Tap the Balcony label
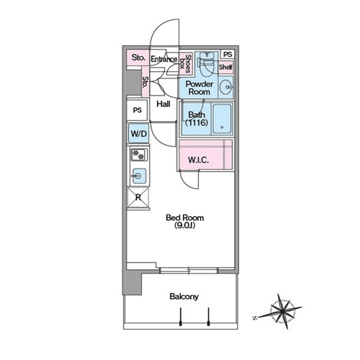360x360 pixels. [x=184, y=297]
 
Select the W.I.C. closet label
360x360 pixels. [x=198, y=160]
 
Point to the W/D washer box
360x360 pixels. [x=139, y=133]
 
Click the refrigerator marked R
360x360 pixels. [x=138, y=197]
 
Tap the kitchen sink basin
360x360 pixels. [x=138, y=176]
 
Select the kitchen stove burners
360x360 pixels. [x=139, y=155]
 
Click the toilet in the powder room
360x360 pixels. [x=206, y=64]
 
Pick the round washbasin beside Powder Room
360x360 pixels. [x=226, y=87]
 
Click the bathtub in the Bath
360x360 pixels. [x=222, y=119]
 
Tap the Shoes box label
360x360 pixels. [x=186, y=63]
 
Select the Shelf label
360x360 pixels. [x=225, y=67]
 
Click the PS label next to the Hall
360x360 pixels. [x=138, y=110]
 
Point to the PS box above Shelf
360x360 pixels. [x=228, y=55]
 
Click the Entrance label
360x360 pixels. [x=164, y=59]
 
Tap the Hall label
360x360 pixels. [x=163, y=104]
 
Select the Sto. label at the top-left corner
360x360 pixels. [x=138, y=58]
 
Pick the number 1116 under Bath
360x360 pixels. [x=197, y=122]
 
